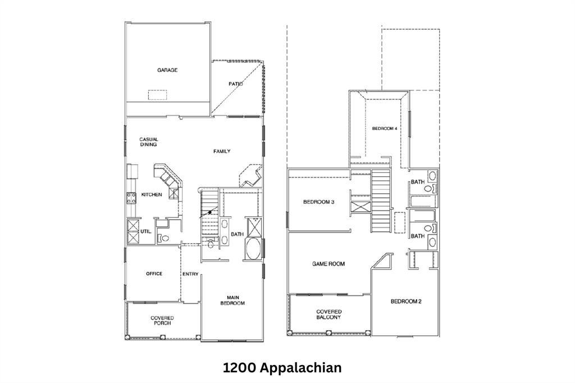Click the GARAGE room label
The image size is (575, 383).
point(167,70)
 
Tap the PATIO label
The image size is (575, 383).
point(235,84)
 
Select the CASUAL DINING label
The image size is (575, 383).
point(149,142)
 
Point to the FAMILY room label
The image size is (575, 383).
point(221,151)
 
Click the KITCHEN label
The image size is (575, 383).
point(151,195)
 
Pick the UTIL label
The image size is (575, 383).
point(145,231)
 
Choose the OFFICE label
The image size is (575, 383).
point(154,274)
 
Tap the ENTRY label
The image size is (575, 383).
point(190,274)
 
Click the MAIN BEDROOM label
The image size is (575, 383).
point(235,300)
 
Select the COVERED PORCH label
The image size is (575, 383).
point(162,321)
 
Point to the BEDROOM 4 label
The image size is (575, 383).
point(385,129)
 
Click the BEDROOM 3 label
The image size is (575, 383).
point(319,202)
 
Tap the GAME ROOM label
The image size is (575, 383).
point(328,263)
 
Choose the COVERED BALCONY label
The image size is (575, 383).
point(328,314)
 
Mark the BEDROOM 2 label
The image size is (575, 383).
point(406,302)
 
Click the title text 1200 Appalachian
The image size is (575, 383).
point(282,368)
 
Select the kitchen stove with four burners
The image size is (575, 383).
point(131,197)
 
